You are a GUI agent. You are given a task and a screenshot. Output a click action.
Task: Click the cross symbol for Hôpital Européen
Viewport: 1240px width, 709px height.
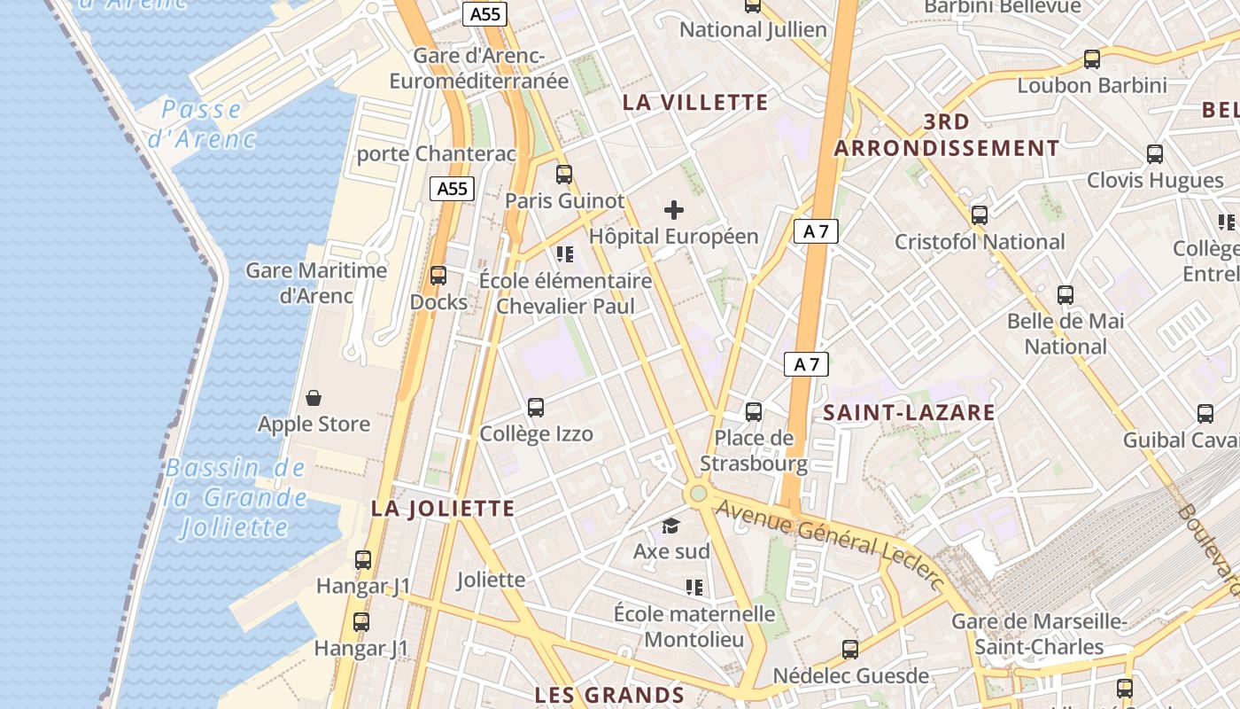tap(674, 210)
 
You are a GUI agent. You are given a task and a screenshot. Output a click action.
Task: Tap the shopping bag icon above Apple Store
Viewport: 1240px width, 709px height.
tap(314, 398)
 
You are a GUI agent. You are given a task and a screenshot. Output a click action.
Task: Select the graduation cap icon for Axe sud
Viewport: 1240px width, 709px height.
tap(671, 526)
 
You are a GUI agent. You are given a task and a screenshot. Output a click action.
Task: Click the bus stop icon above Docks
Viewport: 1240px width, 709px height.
tap(438, 275)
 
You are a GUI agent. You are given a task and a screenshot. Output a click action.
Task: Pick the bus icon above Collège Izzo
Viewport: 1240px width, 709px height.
tap(536, 408)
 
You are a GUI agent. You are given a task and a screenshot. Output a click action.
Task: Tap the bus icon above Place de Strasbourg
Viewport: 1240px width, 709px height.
tap(754, 411)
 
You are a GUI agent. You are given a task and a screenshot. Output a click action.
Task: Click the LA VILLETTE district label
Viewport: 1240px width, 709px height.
tap(695, 102)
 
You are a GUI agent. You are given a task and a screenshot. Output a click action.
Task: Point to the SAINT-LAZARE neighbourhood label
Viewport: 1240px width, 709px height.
tap(909, 412)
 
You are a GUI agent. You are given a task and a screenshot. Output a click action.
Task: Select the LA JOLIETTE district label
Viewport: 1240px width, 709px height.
tap(443, 509)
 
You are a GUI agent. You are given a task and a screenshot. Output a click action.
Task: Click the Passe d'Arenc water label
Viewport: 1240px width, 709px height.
tap(202, 124)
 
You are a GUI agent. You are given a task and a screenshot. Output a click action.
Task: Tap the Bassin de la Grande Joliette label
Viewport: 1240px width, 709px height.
tap(235, 498)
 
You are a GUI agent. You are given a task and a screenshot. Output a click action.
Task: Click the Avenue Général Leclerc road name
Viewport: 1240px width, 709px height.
tap(830, 541)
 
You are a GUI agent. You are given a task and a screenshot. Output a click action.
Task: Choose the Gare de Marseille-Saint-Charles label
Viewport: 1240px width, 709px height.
tap(1039, 634)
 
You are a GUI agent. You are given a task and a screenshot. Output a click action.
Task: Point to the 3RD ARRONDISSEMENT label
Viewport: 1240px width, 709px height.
tap(947, 135)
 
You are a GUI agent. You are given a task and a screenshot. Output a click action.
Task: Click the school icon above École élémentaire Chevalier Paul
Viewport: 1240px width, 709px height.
tap(565, 255)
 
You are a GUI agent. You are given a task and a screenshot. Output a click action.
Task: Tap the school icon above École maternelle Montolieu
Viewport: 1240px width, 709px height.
tap(694, 587)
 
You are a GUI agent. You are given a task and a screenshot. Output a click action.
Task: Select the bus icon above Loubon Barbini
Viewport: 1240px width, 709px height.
tap(1092, 59)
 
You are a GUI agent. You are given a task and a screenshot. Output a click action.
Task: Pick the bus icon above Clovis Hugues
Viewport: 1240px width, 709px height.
tap(1155, 154)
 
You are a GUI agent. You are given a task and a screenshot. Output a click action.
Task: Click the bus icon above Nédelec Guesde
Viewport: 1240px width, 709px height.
tap(850, 650)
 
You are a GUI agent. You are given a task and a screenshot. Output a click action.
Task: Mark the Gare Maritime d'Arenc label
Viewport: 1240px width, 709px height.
tap(316, 283)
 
